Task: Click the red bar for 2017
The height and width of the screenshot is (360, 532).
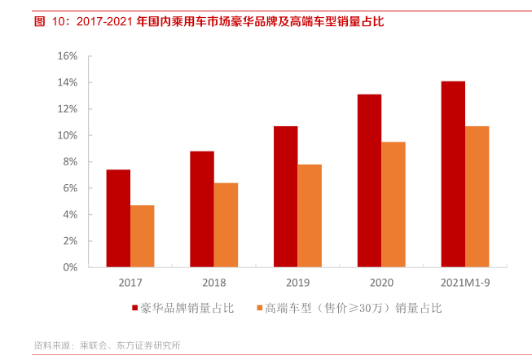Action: click(118, 218)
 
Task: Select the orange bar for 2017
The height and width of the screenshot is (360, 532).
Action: click(143, 236)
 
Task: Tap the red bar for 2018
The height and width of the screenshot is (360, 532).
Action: click(202, 209)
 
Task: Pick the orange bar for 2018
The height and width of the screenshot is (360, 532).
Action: click(226, 225)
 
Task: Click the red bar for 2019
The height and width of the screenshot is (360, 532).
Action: click(285, 196)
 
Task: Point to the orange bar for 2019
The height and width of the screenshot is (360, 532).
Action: click(310, 216)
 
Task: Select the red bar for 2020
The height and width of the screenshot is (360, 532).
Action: click(369, 181)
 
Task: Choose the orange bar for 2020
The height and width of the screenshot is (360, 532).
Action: click(394, 204)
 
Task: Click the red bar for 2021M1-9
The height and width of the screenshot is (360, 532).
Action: click(453, 174)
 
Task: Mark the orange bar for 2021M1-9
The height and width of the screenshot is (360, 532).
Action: click(477, 196)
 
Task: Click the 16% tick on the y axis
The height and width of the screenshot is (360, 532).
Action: click(68, 56)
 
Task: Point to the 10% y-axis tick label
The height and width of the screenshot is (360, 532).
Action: click(68, 135)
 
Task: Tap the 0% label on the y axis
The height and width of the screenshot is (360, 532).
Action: click(70, 267)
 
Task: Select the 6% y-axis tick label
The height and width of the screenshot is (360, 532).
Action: click(70, 188)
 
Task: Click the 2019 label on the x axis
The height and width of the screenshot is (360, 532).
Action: click(297, 282)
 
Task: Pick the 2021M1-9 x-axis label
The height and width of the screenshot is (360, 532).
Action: click(465, 282)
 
